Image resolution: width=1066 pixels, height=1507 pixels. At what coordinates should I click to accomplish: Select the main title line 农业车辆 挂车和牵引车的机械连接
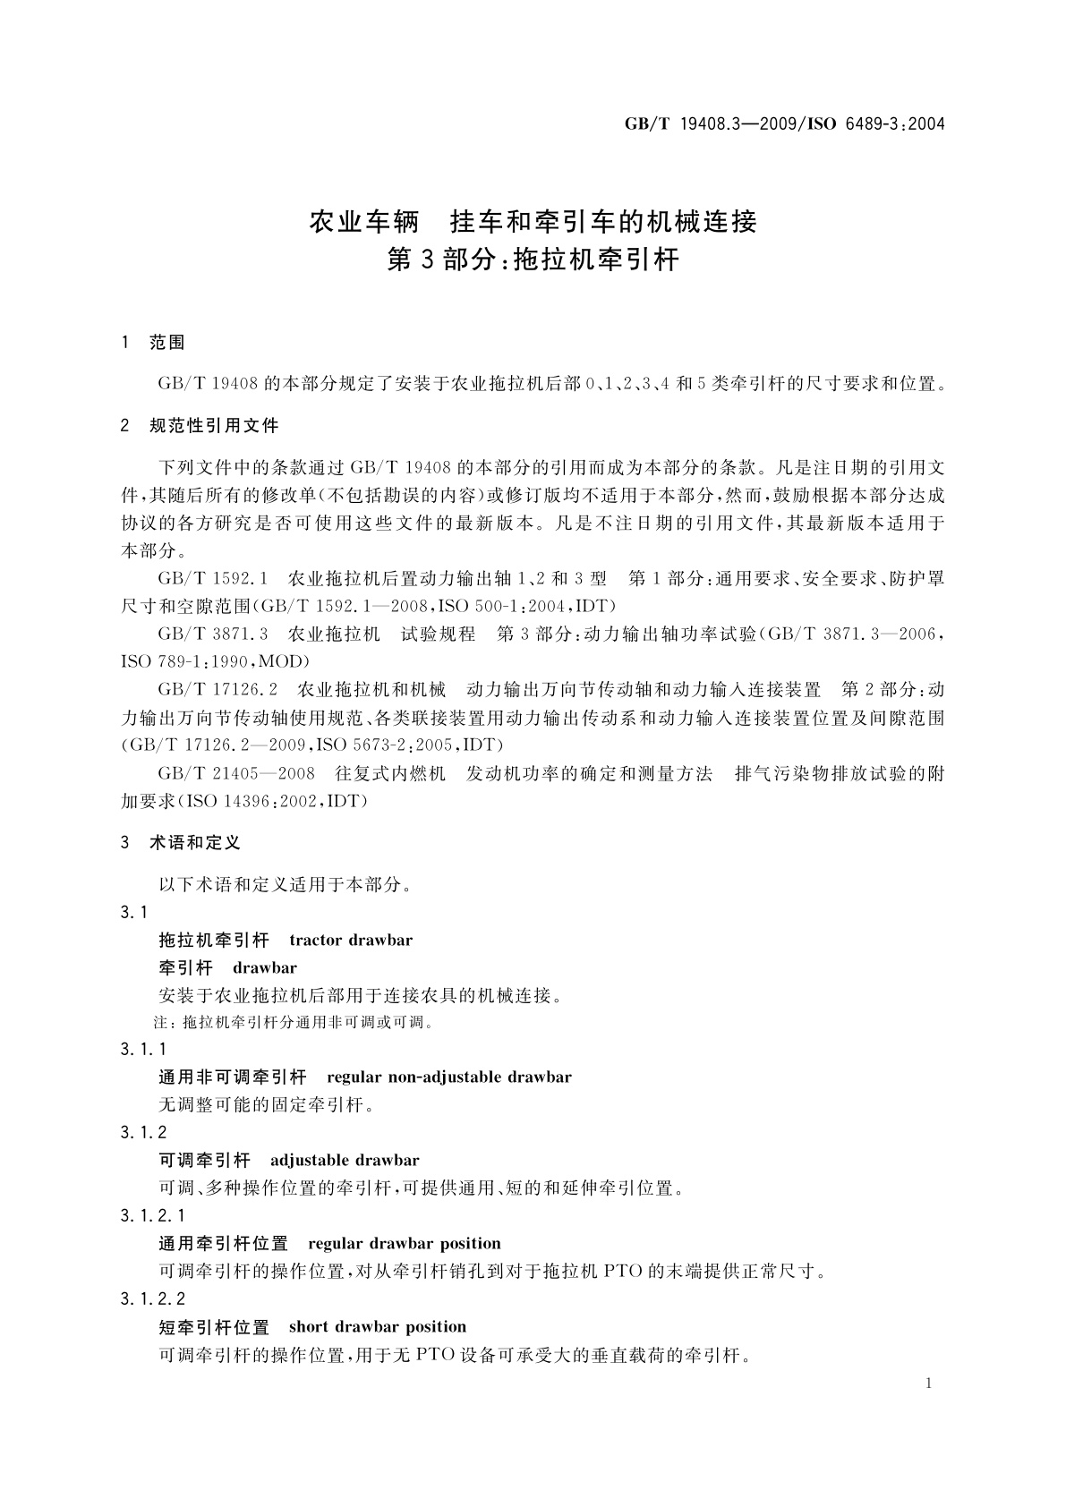(x=533, y=221)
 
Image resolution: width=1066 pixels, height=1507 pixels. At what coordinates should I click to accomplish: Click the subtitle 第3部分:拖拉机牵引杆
(x=533, y=260)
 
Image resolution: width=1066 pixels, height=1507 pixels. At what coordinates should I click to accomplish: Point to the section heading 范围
(x=167, y=342)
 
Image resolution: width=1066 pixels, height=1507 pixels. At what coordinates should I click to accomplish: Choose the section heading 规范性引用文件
(x=214, y=426)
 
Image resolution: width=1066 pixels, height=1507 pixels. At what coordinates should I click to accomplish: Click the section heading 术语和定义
(x=195, y=842)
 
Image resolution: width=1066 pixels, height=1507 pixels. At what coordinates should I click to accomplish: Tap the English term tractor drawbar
(x=351, y=940)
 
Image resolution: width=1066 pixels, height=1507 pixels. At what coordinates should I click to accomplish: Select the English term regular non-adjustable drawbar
(x=449, y=1077)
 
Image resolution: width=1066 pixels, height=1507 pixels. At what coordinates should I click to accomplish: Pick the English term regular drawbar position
(x=405, y=1243)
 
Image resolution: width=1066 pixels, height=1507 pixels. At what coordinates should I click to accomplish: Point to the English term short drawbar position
(x=378, y=1326)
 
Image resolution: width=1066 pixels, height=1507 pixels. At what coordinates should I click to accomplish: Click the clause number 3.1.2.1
(x=152, y=1215)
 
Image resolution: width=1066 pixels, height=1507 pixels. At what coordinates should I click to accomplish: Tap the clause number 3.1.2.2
(x=152, y=1298)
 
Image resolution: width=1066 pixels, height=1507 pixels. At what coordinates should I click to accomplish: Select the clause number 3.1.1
(x=143, y=1049)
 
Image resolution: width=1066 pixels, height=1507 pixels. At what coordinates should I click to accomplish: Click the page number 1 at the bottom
(x=929, y=1384)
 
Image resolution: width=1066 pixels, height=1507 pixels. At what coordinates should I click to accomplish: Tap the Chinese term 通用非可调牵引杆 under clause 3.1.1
(x=233, y=1077)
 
